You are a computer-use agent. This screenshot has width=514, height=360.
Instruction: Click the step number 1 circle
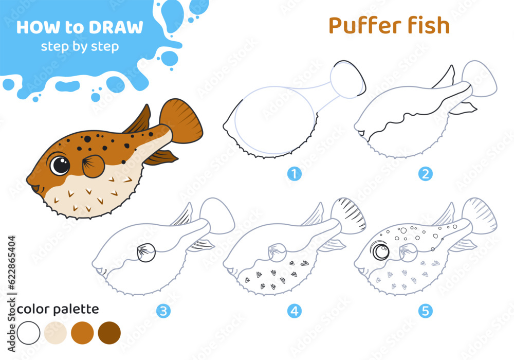click(x=294, y=174)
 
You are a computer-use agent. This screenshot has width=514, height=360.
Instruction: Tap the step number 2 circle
click(x=425, y=174)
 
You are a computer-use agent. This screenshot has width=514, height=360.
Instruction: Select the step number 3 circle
click(x=163, y=311)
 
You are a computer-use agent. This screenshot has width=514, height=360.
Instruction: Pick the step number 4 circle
click(x=294, y=311)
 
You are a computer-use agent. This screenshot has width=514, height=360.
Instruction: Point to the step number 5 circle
click(x=425, y=311)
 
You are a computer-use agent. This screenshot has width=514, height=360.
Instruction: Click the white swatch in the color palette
click(x=28, y=333)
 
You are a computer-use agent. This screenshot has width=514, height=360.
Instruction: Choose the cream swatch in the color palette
click(x=56, y=333)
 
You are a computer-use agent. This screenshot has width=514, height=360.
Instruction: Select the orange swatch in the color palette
click(x=82, y=333)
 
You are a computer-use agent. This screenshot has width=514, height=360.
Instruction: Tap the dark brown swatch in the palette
click(x=109, y=333)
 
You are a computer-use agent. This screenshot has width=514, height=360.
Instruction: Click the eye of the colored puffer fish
click(x=60, y=165)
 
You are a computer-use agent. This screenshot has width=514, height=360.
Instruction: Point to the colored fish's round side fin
click(x=93, y=166)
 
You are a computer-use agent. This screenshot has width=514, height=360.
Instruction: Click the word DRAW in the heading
click(x=116, y=27)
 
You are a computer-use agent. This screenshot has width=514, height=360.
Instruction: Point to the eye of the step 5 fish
click(x=380, y=251)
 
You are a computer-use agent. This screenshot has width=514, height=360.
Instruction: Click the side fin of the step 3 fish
click(x=146, y=253)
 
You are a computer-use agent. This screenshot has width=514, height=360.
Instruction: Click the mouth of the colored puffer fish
click(x=35, y=189)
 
